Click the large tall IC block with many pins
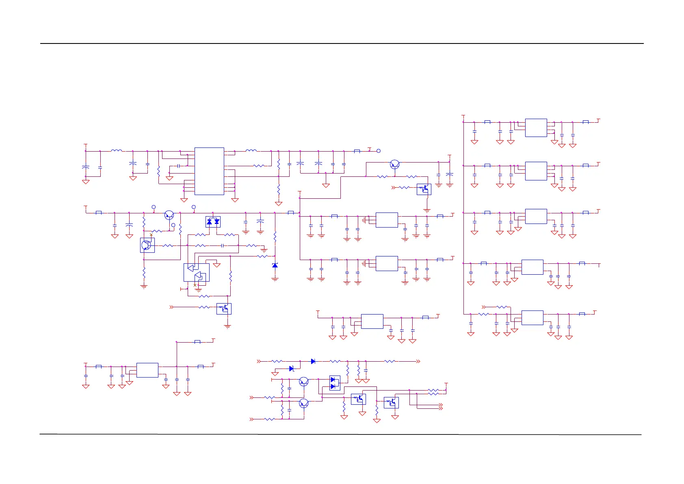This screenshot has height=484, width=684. click(209, 171)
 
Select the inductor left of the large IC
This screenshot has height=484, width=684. click(117, 151)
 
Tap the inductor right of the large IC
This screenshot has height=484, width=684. click(251, 151)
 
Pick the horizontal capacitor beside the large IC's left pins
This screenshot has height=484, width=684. click(178, 166)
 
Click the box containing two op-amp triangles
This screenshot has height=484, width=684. click(197, 272)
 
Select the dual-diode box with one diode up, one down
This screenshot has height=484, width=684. click(213, 221)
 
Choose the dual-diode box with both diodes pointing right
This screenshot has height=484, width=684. click(334, 383)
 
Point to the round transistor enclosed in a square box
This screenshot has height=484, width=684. click(147, 245)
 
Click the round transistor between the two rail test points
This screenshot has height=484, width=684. click(169, 215)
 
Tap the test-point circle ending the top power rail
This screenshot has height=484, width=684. click(379, 151)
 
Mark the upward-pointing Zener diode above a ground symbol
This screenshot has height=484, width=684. click(275, 265)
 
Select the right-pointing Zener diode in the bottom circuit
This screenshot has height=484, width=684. click(292, 369)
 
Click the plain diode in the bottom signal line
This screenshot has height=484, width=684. click(313, 361)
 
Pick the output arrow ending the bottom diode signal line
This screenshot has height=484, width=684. click(418, 361)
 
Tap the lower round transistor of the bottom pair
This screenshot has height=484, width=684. click(304, 403)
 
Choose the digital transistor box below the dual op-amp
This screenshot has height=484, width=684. click(224, 309)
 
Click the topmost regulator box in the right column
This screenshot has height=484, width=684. click(536, 128)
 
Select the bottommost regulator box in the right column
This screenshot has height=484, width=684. click(532, 317)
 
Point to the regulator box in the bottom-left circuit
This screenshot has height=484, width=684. click(147, 370)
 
